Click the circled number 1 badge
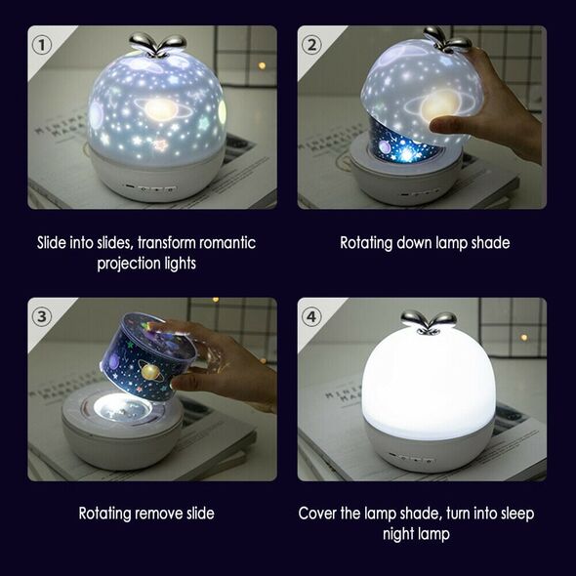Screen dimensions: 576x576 [x=42, y=45]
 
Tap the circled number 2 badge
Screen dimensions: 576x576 [x=311, y=45]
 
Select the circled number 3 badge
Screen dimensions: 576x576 [x=42, y=316]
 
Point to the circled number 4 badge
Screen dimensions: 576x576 [x=311, y=316]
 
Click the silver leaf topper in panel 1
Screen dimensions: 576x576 [x=157, y=45]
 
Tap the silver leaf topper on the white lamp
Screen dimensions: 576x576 [x=429, y=322]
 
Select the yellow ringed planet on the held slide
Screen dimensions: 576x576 [x=151, y=370]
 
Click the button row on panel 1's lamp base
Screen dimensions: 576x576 [x=150, y=188]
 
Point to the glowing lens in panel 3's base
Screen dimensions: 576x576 [x=122, y=408]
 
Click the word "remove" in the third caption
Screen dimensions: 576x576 [x=158, y=514]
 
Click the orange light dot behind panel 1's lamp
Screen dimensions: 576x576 [x=262, y=65]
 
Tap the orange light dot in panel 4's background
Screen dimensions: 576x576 [x=523, y=337]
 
